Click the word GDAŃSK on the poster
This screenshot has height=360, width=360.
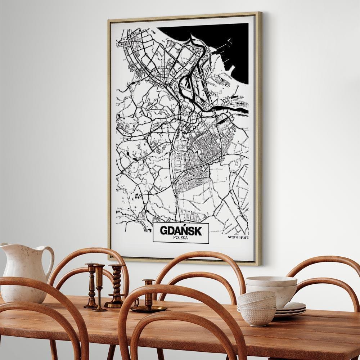coord(181,230)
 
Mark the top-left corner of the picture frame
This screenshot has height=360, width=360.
coord(109,20)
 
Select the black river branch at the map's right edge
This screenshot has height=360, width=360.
coord(234,108)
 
